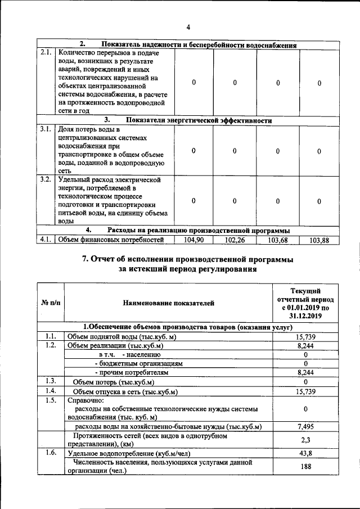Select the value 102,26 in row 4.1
point(235,240)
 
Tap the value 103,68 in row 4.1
point(277,240)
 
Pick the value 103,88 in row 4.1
point(319,240)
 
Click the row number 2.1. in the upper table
point(45,53)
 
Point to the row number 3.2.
point(45,180)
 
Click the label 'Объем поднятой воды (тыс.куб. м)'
point(122,336)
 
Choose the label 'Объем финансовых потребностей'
point(111,240)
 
